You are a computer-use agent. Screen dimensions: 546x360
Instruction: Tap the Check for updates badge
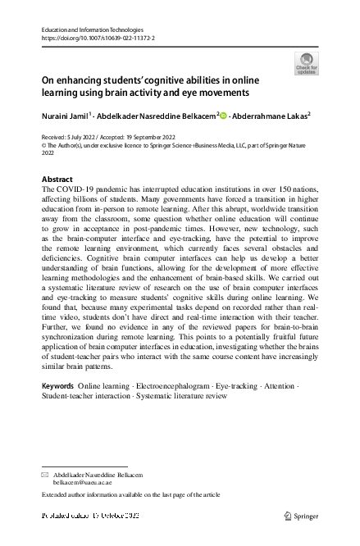tap(305, 63)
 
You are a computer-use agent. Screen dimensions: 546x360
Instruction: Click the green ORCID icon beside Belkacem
tap(225, 116)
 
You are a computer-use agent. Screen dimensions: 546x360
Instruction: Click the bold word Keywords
tap(57, 384)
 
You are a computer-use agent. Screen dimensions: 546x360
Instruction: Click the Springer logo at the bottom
tap(302, 516)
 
